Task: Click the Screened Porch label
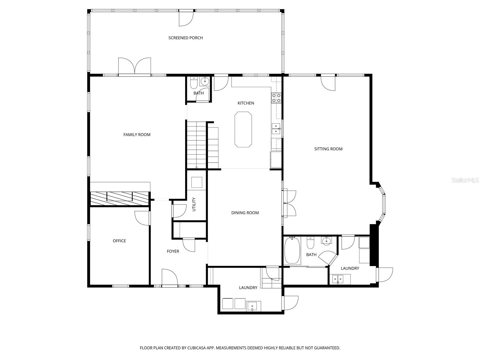[x=185, y=38]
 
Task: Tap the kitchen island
[x=243, y=129]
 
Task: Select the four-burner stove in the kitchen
[x=276, y=98]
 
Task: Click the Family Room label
[x=137, y=135]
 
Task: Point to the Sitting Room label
[x=328, y=149]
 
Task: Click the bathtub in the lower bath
[x=292, y=250]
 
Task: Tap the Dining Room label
[x=245, y=213]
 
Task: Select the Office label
[x=119, y=241]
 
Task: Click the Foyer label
[x=173, y=251]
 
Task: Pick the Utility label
[x=194, y=204]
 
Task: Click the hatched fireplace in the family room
[x=120, y=197]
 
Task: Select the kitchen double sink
[x=276, y=128]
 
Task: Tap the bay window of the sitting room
[x=383, y=204]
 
